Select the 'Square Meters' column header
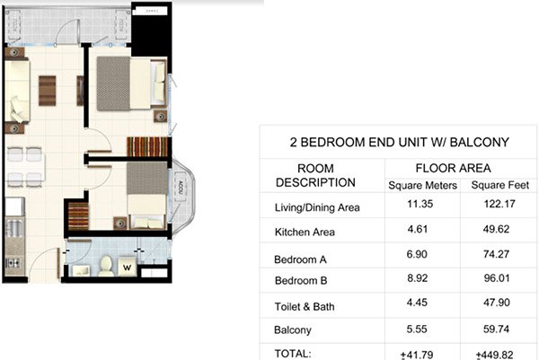click(422, 186)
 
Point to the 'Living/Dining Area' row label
click(316, 208)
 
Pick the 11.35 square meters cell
click(421, 206)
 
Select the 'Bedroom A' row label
click(299, 259)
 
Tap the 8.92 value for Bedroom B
click(421, 280)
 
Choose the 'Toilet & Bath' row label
click(305, 309)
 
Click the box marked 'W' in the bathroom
click(128, 266)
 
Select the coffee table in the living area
click(47, 89)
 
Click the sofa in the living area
click(18, 91)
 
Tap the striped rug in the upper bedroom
click(146, 146)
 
